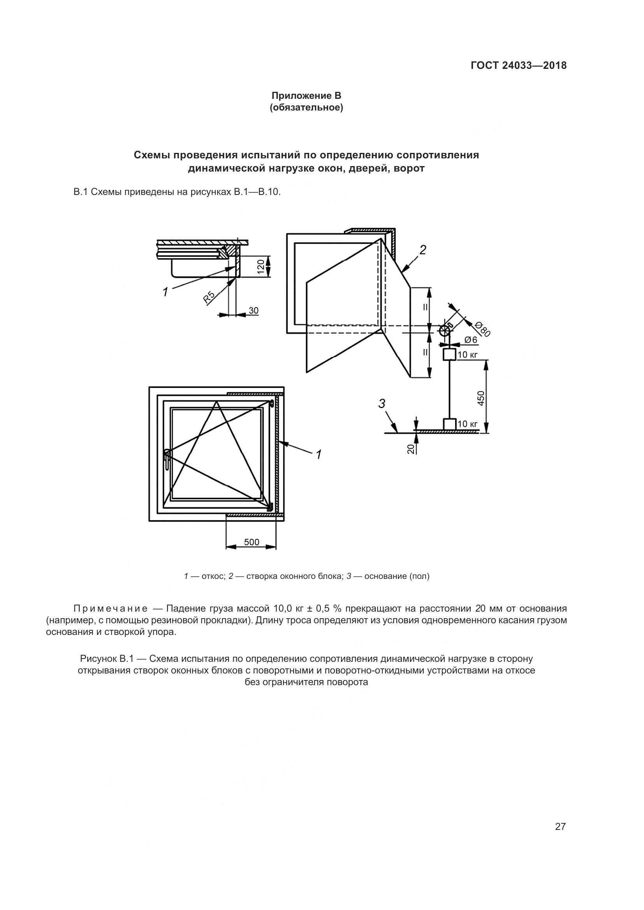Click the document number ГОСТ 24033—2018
coord(518,65)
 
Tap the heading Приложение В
coord(306,96)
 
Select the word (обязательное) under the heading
coord(306,107)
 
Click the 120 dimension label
coord(260,267)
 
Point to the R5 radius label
coord(209,297)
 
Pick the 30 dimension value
coord(253,311)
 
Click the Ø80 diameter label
coord(482,329)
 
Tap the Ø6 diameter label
coord(471,340)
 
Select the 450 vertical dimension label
coord(481,398)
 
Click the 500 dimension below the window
coord(252,542)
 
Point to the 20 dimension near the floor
coord(411,449)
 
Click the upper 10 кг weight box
coord(449,354)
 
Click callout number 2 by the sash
coord(423,250)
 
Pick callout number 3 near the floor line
coord(382,404)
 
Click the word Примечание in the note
coord(111,608)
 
